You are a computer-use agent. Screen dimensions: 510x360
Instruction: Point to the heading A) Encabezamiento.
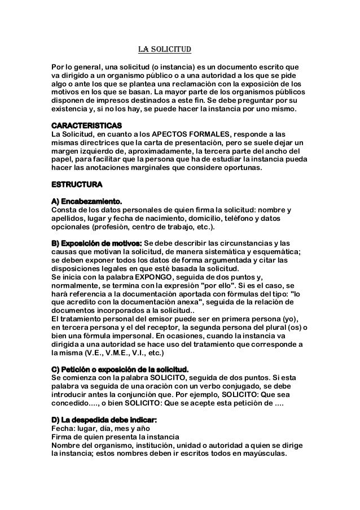(x=86, y=202)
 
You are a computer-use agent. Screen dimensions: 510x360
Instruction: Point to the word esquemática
(x=269, y=252)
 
